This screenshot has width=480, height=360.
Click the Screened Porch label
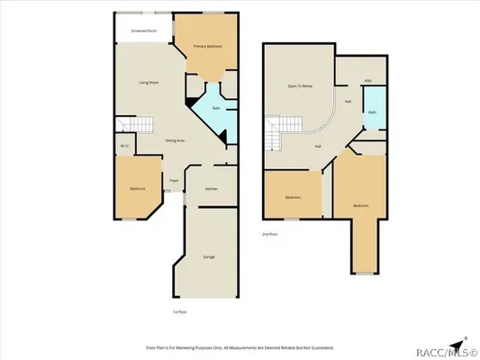tap(144, 31)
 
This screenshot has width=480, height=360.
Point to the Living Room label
tap(149, 82)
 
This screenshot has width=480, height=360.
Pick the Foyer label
tap(174, 180)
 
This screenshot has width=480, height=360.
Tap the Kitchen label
tap(211, 189)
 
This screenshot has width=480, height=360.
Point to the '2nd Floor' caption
tap(268, 233)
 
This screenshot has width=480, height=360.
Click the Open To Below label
tap(300, 85)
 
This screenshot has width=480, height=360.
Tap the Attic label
tap(368, 80)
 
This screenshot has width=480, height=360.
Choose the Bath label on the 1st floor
tap(216, 109)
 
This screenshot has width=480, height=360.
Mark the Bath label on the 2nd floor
tap(372, 112)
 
